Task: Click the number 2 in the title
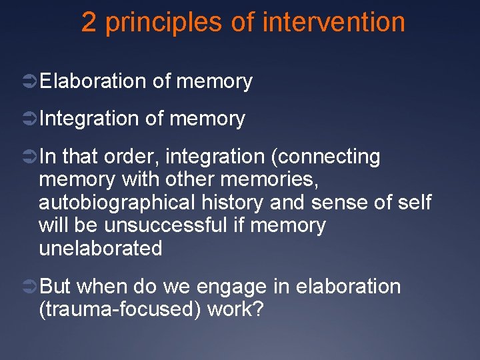[89, 23]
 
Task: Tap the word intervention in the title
[334, 23]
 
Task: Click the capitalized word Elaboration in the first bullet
[93, 81]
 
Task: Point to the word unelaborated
[101, 248]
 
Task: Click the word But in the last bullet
[55, 287]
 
